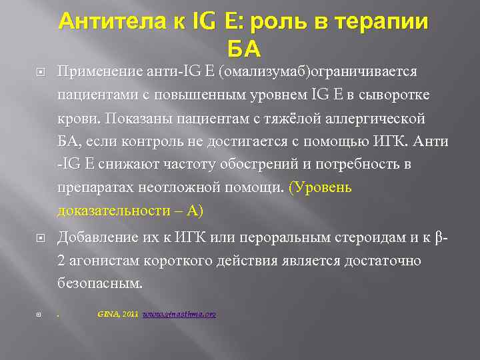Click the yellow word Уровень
coord(323,187)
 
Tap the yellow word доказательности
coord(114,211)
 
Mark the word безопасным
coord(99,283)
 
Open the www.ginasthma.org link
coord(179,313)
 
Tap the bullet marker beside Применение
coord(41,71)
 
